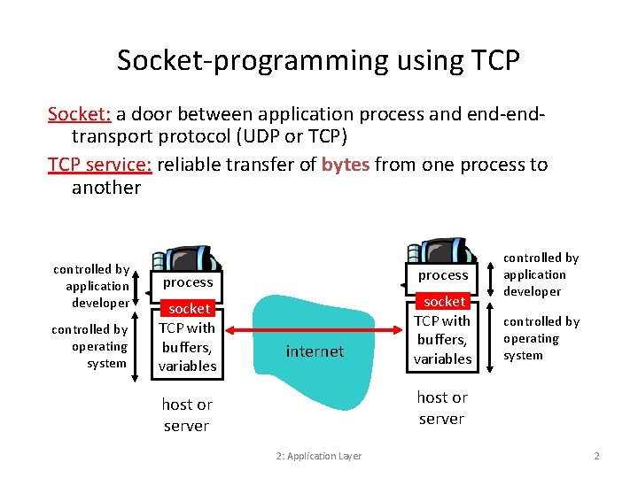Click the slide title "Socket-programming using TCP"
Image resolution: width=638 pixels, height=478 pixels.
point(318,60)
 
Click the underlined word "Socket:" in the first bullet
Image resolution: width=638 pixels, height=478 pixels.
point(80,114)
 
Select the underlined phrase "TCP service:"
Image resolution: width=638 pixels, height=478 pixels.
point(100,165)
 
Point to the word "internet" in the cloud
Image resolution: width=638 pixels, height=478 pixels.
point(315,351)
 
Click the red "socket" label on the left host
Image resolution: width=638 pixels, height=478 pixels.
point(190,309)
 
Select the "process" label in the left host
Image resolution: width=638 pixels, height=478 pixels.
point(188,282)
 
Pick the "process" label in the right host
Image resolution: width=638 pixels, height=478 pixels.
point(443,275)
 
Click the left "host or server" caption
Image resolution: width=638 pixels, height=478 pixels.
point(187,415)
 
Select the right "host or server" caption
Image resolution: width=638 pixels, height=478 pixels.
point(442,408)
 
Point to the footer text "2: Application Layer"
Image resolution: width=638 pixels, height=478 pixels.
point(318,456)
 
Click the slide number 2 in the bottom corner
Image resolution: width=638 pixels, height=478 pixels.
point(596,456)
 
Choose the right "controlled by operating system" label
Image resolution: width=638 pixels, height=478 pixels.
point(541,338)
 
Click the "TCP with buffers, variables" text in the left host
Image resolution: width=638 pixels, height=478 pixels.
point(188,346)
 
